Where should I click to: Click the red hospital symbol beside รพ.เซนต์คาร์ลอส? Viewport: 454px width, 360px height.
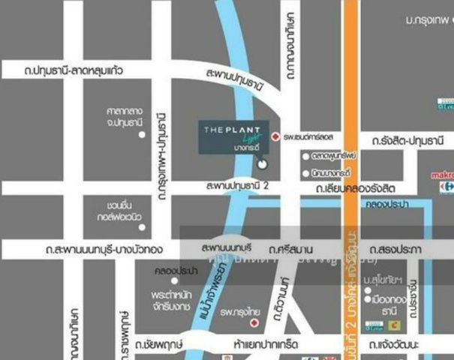[275, 137]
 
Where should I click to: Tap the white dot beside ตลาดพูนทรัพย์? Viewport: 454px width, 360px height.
[305, 157]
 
